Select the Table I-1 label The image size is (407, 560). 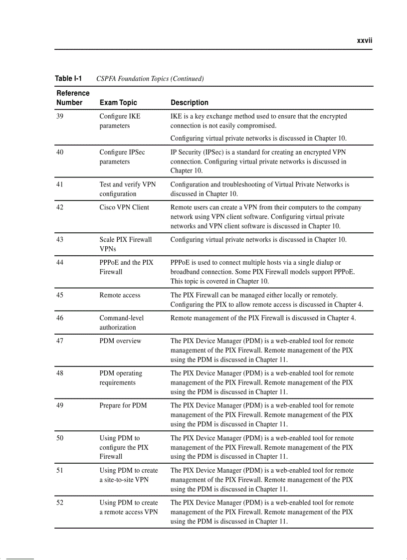pos(68,78)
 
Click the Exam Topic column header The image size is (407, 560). pos(118,103)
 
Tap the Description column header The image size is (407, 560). pos(190,103)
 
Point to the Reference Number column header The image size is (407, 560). pos(72,98)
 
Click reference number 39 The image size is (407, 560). pos(60,116)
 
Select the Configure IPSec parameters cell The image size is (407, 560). pos(122,157)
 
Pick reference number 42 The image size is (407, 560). pos(60,207)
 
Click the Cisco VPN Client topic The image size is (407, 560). pos(124,207)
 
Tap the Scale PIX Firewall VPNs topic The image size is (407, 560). pos(125,244)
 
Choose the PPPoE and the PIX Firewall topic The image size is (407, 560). pos(126,267)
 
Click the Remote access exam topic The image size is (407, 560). pos(120,295)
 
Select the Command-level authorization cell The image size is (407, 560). pos(121,323)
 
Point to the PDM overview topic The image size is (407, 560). pos(120,341)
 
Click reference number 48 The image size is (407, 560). pos(60,373)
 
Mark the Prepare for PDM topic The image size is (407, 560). pos(123,405)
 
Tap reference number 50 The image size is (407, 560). pos(60,438)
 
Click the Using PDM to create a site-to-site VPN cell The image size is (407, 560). pos(128,475)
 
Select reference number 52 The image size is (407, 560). pos(60,503)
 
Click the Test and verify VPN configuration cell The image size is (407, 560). pos(127,189)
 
